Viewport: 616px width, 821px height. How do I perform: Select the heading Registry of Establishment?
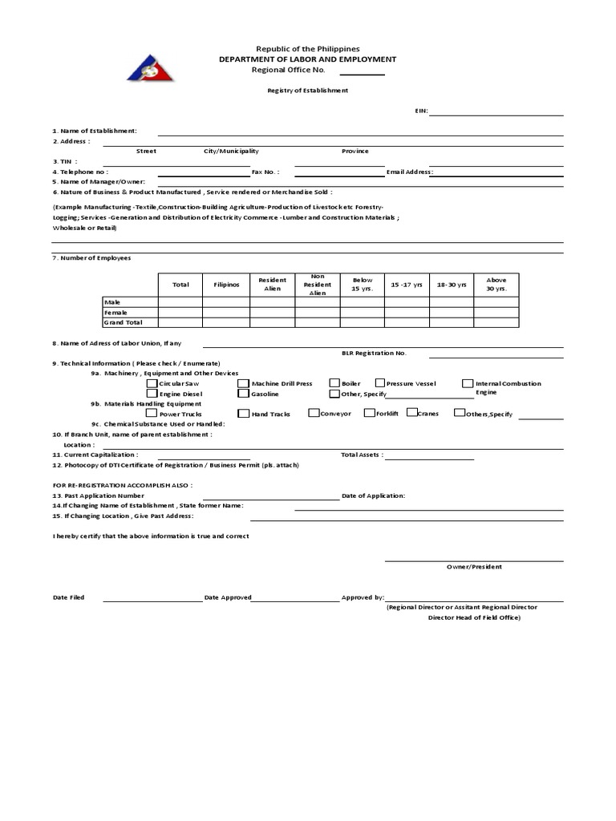[x=307, y=91]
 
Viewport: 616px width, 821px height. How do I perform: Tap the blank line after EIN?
[x=496, y=113]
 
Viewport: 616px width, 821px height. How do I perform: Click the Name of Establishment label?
[x=95, y=130]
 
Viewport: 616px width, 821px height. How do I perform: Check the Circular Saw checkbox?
[x=152, y=383]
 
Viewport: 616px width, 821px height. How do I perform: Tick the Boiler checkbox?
[x=334, y=383]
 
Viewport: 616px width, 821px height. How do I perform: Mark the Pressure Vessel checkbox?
[x=380, y=383]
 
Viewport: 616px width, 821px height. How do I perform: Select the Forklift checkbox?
[x=369, y=413]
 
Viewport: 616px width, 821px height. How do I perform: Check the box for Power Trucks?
[x=152, y=414]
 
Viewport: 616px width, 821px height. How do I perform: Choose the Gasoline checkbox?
[x=243, y=394]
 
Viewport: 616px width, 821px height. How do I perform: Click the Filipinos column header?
[x=226, y=285]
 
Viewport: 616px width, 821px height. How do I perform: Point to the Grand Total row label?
[x=123, y=322]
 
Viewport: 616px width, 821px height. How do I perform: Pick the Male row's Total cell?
[x=180, y=302]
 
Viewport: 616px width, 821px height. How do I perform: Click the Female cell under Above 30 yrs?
[x=496, y=312]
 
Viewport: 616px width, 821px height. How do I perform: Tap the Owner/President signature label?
[x=474, y=567]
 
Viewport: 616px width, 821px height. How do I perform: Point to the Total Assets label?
[x=362, y=455]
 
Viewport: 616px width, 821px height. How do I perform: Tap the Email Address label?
[x=410, y=172]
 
